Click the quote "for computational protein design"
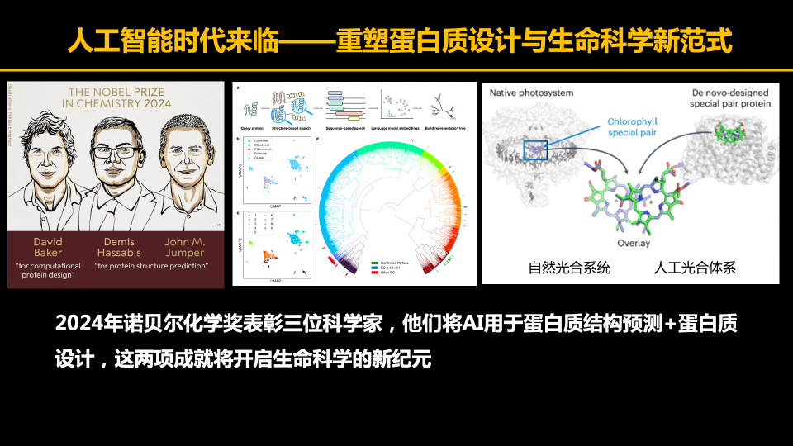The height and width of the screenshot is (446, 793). pos(48,271)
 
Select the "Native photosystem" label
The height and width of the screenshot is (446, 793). pos(531,93)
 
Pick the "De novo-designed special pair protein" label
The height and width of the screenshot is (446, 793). pos(731,99)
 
